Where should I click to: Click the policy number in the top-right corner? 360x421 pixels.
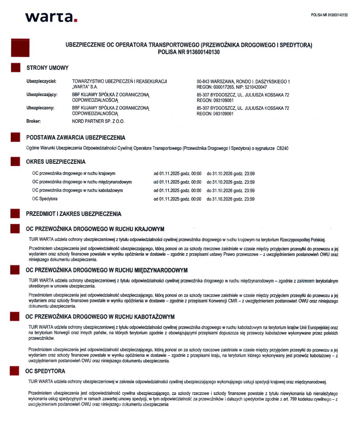tap(329, 15)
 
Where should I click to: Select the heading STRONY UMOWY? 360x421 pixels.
tap(48, 68)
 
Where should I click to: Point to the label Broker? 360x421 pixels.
tap(34, 121)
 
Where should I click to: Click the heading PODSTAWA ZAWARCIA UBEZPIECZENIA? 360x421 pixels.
tap(76, 137)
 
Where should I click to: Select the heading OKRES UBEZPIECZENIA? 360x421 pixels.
tap(56, 162)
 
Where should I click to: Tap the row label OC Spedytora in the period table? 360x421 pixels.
tap(45, 198)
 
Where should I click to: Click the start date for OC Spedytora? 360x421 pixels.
tap(177, 199)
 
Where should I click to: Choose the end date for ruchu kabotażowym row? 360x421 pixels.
tap(230, 190)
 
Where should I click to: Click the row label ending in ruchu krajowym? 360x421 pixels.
tap(74, 173)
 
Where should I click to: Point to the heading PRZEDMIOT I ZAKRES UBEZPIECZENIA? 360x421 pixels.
tap(74, 214)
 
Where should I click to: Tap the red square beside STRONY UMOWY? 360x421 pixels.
tap(16, 68)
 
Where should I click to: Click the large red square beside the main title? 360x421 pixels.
tap(20, 48)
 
